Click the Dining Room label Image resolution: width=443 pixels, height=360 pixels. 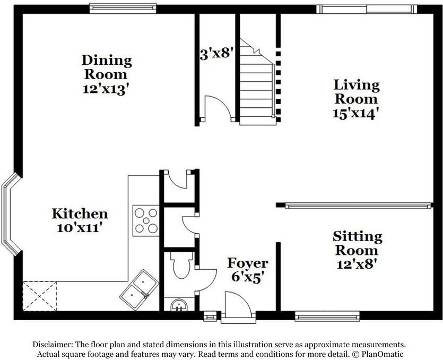pos(107,67)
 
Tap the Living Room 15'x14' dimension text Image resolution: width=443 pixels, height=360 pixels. pos(355,114)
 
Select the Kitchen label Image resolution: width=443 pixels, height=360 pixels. pos(80,214)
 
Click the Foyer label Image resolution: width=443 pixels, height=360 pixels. pos(248,263)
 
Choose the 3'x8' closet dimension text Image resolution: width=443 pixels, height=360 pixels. pos(215,54)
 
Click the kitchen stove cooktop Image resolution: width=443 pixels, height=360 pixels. pos(146,220)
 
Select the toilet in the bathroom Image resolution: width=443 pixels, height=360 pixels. pos(181,265)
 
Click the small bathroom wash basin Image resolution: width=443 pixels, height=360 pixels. pos(179,305)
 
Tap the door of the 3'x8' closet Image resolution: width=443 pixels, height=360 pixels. pos(218,108)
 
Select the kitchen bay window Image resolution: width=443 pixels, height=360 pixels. pos(11,215)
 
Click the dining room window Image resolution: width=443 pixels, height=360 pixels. pos(123,8)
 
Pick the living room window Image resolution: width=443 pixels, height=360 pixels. pos(367,9)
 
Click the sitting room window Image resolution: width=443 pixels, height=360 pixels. pos(327,316)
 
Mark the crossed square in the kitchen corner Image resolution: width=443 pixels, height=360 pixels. pos(40,296)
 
